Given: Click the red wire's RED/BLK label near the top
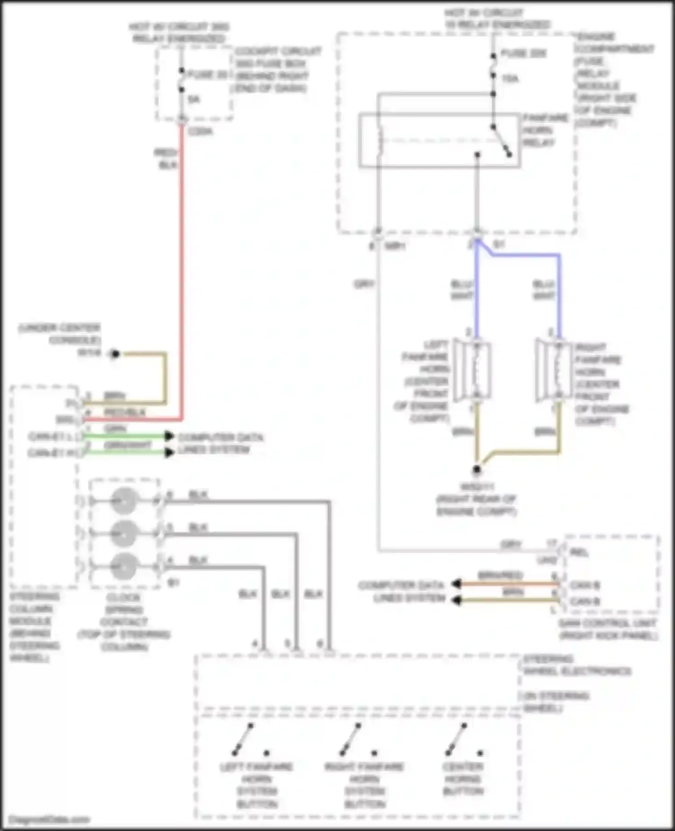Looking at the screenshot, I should click(166, 159).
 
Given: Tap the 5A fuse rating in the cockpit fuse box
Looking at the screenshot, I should click(193, 99).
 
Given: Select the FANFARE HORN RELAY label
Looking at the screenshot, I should click(539, 130).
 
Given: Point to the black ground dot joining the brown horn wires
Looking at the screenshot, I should click(477, 470).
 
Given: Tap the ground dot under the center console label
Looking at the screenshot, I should click(115, 354).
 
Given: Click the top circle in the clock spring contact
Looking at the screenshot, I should click(123, 501).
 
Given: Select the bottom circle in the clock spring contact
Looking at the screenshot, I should click(123, 566).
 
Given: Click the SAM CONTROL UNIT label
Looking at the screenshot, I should click(607, 629).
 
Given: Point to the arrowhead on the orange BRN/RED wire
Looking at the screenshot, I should click(456, 584).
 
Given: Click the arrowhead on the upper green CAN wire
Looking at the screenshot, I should click(169, 436).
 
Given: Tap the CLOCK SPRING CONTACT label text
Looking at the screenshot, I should click(124, 622).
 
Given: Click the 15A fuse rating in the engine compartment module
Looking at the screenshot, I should click(510, 79).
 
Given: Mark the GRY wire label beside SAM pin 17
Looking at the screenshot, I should click(511, 545).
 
